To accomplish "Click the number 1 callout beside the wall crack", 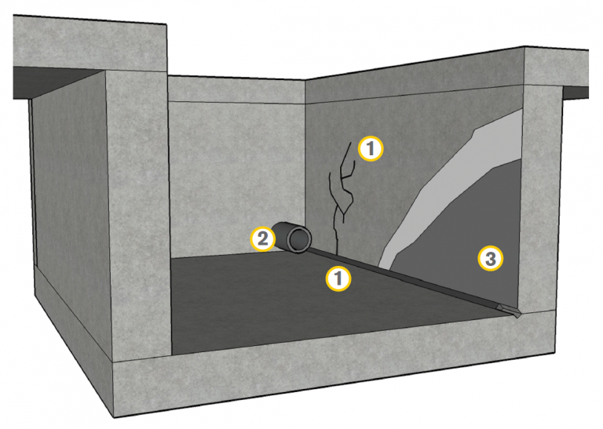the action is pyautogui.click(x=371, y=148).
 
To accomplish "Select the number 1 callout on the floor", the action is pyautogui.click(x=338, y=278).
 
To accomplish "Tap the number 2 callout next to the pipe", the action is pyautogui.click(x=263, y=239).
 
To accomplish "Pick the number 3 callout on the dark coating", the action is pyautogui.click(x=490, y=259).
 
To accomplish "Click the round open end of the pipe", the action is pyautogui.click(x=300, y=240).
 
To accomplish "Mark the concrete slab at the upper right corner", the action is pyautogui.click(x=556, y=67).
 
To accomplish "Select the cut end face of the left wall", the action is pyautogui.click(x=138, y=215).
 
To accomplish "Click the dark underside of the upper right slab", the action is pyautogui.click(x=576, y=93).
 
